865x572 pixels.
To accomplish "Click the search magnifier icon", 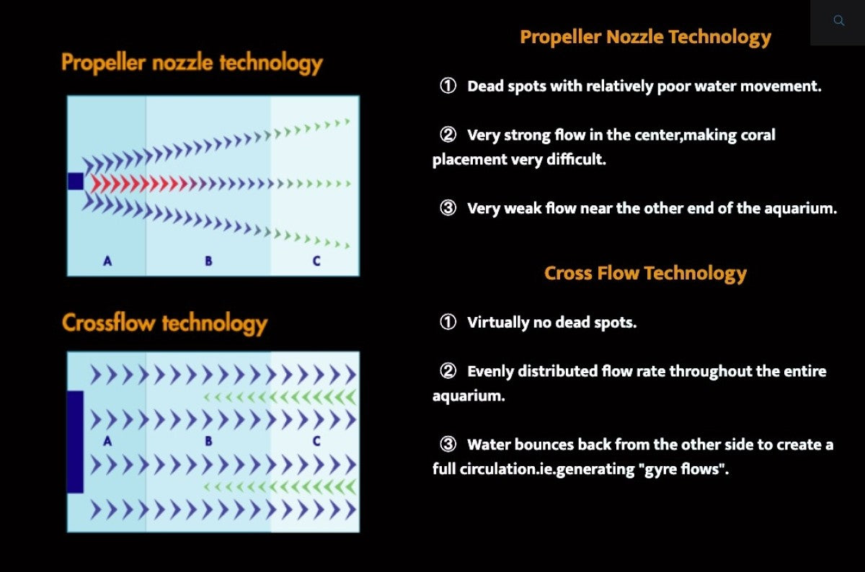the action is point(839,20).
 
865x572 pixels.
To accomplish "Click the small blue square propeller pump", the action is point(75,182).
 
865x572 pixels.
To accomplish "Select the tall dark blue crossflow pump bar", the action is point(75,442).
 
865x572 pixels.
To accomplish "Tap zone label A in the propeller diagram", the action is point(107,262).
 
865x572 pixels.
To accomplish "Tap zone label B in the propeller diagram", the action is point(208,262).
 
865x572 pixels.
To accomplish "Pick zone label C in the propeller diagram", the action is point(316,262).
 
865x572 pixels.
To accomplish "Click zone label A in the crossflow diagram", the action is point(107,441).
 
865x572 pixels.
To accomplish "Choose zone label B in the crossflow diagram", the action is point(208,441).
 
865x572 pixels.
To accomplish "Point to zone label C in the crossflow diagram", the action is point(316,441).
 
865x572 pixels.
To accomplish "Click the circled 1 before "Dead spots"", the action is point(448,86).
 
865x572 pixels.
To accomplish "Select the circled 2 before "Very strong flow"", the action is point(448,135).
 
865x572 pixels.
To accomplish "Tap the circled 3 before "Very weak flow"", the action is point(448,208).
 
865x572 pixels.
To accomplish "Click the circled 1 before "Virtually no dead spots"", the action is point(448,322).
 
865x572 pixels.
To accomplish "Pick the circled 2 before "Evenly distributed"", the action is point(448,371).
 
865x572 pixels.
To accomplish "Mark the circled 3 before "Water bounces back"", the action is point(448,444).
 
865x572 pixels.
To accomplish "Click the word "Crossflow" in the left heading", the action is point(109,323).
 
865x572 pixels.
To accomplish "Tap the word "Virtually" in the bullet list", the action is point(498,322).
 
